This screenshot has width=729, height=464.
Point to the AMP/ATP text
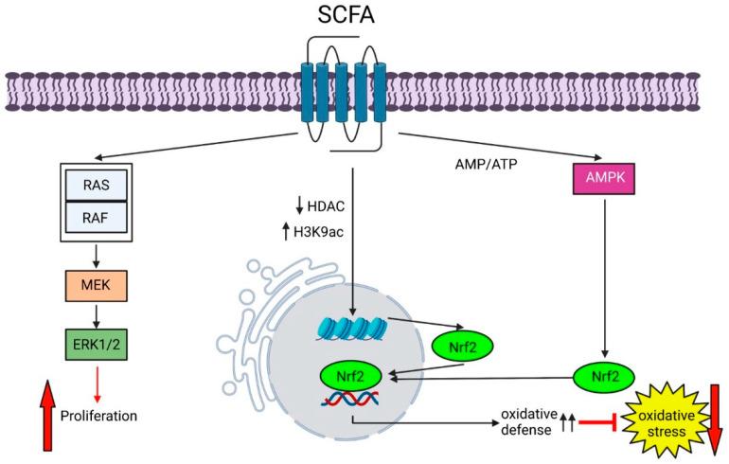click(x=486, y=165)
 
